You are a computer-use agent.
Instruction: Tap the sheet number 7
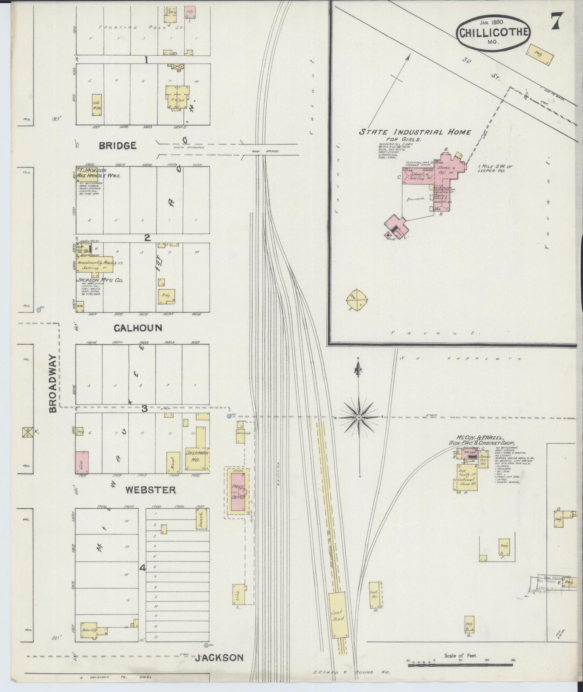pos(556,22)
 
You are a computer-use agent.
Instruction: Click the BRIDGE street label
pos(118,146)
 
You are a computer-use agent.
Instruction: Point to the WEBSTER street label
pos(150,490)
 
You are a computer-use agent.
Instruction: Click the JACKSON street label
pos(219,658)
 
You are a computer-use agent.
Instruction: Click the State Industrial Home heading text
pos(415,132)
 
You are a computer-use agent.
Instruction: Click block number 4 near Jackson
pos(142,568)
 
